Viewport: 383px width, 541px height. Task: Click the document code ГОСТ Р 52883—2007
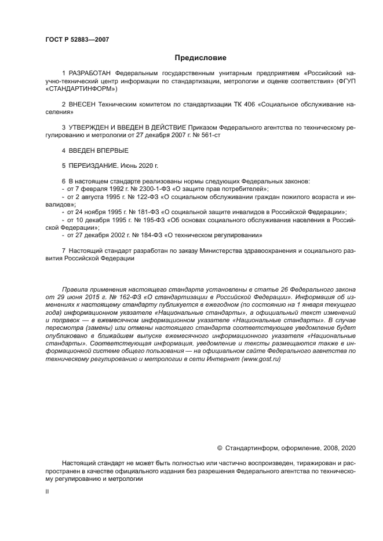(77, 39)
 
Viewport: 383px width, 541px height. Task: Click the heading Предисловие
(200, 58)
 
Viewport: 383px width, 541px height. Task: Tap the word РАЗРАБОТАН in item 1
(90, 74)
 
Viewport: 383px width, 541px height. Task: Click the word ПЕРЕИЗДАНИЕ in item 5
(94, 165)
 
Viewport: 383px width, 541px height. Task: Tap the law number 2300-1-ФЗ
(147, 189)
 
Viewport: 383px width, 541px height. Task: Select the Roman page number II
(47, 491)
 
